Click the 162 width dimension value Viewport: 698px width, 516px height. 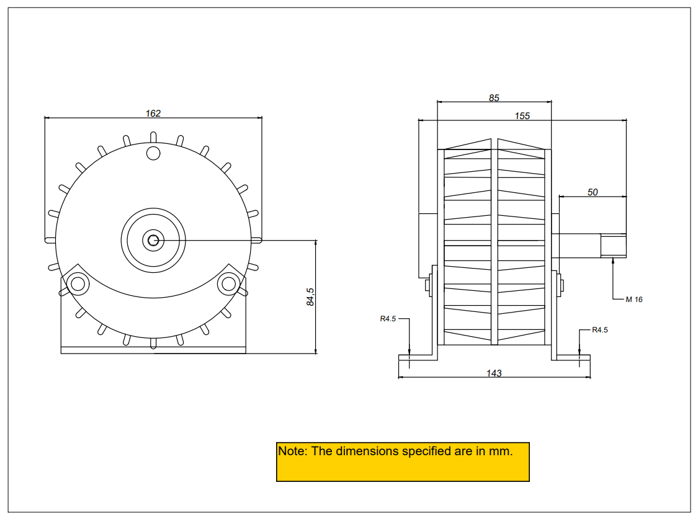click(x=153, y=113)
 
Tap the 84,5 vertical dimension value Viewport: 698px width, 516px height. click(x=310, y=296)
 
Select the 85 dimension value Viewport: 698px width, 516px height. click(x=494, y=98)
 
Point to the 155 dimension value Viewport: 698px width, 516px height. click(x=522, y=116)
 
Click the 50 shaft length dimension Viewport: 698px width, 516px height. click(x=593, y=192)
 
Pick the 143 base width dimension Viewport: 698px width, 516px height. click(x=494, y=373)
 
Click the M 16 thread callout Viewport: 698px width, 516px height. click(x=634, y=300)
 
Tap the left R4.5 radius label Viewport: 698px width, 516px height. click(x=388, y=319)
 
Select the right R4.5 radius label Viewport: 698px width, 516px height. click(x=600, y=330)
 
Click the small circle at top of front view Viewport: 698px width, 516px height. click(x=153, y=152)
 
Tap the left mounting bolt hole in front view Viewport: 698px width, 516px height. click(x=78, y=284)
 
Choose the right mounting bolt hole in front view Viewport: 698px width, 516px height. click(x=228, y=284)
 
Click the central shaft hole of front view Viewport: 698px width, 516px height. click(x=153, y=240)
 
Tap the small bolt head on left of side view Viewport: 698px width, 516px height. click(x=427, y=285)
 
